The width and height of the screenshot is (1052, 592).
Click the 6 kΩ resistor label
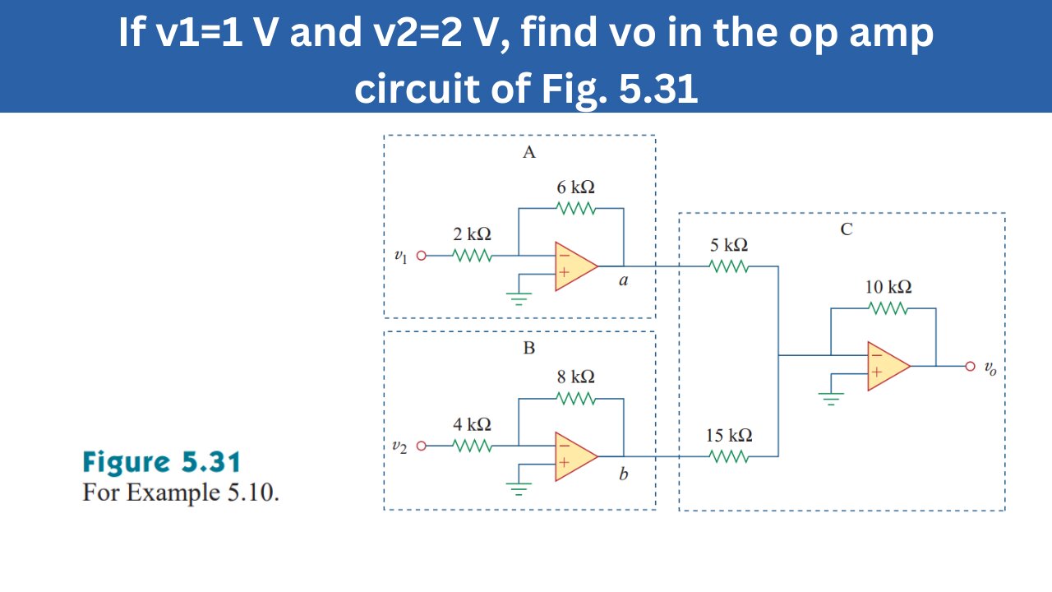click(x=575, y=187)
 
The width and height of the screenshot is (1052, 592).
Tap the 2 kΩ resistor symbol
click(x=473, y=256)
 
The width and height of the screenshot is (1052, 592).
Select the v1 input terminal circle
click(x=422, y=256)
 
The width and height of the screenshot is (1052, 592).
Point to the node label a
click(x=623, y=281)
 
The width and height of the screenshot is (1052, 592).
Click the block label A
click(x=529, y=152)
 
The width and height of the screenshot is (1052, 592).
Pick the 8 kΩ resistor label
click(x=575, y=377)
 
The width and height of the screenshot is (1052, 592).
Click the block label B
click(x=529, y=348)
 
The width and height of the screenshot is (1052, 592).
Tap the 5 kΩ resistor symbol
click(x=728, y=266)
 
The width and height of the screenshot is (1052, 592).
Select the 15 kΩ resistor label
click(x=729, y=436)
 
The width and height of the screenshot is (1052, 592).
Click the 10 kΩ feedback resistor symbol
click(x=888, y=308)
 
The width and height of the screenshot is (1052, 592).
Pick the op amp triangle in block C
click(x=887, y=366)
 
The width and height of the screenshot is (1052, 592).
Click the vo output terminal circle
click(x=970, y=366)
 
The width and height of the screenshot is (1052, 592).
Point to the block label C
click(x=847, y=230)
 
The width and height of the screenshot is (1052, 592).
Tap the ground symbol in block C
click(x=831, y=400)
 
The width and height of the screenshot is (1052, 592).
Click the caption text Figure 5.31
click(x=161, y=463)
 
